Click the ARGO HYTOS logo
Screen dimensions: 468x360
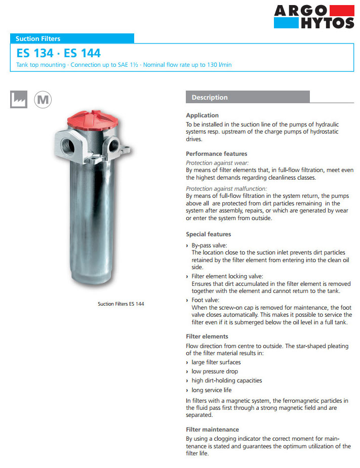pos(313,16)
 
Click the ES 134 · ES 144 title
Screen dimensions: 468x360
pos(58,53)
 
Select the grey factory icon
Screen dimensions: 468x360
pos(18,99)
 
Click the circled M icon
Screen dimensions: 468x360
pos(43,99)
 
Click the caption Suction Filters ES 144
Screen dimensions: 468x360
pos(121,304)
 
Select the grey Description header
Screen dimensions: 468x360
pos(248,97)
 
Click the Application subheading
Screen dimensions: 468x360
pos(202,115)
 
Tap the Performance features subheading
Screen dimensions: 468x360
pos(216,154)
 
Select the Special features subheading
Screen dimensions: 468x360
pos(208,234)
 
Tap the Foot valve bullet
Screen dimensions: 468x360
pos(206,300)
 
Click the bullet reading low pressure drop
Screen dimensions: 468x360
pos(215,371)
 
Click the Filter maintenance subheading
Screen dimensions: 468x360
pos(212,430)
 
